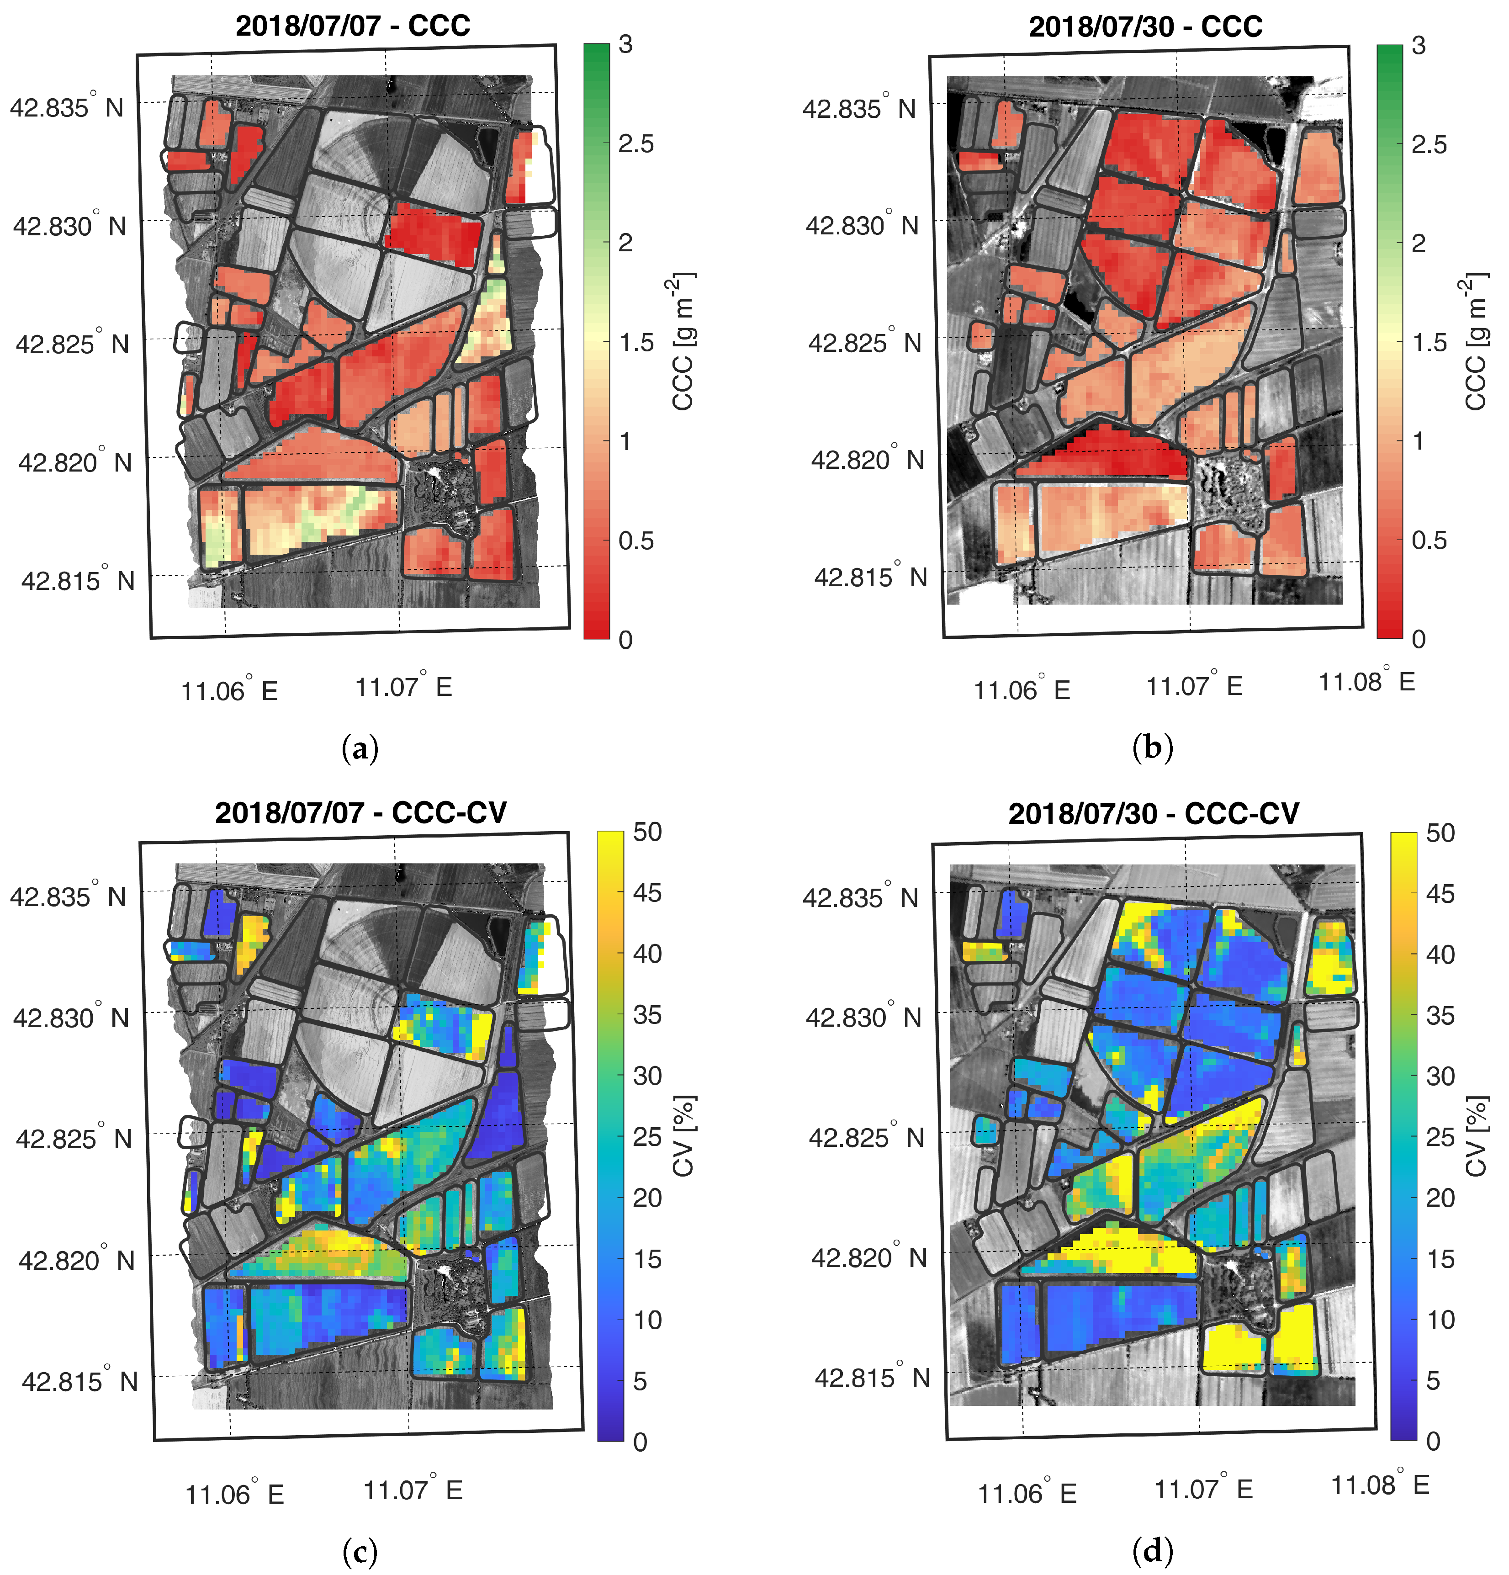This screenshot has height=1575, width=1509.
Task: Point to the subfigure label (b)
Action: click(1152, 748)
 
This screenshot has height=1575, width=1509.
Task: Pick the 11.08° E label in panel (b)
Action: click(1366, 681)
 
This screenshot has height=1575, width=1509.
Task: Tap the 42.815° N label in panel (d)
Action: click(871, 1377)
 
